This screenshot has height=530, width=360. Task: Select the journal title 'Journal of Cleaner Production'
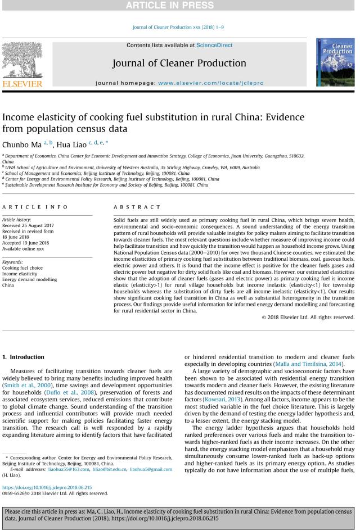click(179, 63)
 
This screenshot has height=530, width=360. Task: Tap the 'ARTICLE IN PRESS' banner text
click(179, 6)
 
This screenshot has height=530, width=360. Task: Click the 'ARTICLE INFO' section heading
click(27, 207)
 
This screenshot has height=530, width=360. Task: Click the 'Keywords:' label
click(13, 262)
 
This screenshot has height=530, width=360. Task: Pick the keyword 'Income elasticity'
click(20, 274)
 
